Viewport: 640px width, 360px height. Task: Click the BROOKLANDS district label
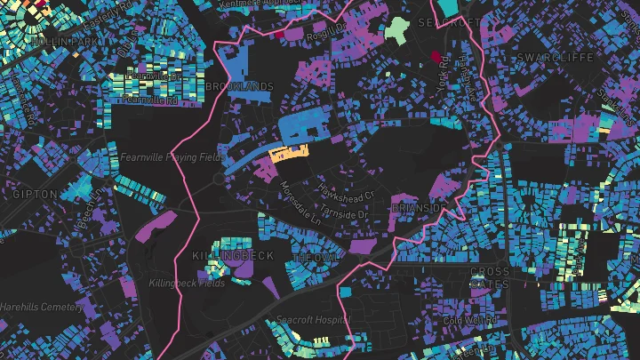tap(239, 86)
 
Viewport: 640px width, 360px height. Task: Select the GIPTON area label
tap(36, 193)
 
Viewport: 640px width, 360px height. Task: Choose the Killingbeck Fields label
tap(187, 284)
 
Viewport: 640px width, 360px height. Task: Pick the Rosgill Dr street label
tap(325, 31)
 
